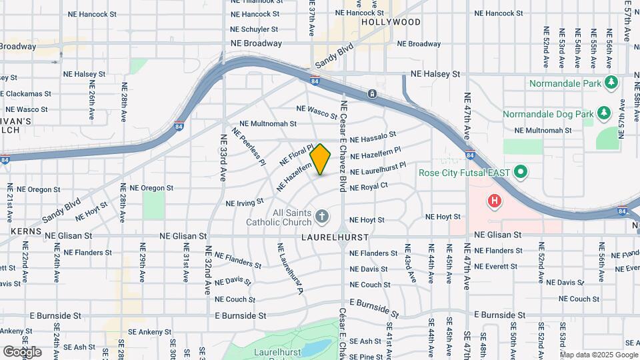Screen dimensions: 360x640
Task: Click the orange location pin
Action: tap(321, 159)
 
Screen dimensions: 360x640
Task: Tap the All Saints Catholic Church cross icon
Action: tap(321, 215)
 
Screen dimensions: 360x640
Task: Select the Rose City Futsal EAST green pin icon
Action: tap(520, 173)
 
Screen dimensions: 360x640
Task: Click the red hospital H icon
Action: tap(494, 200)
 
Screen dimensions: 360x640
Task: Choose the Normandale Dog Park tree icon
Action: tap(604, 114)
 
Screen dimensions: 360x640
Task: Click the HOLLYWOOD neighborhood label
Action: tap(391, 22)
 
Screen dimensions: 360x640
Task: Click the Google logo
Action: tap(22, 351)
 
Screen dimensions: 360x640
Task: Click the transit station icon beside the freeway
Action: tap(372, 93)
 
